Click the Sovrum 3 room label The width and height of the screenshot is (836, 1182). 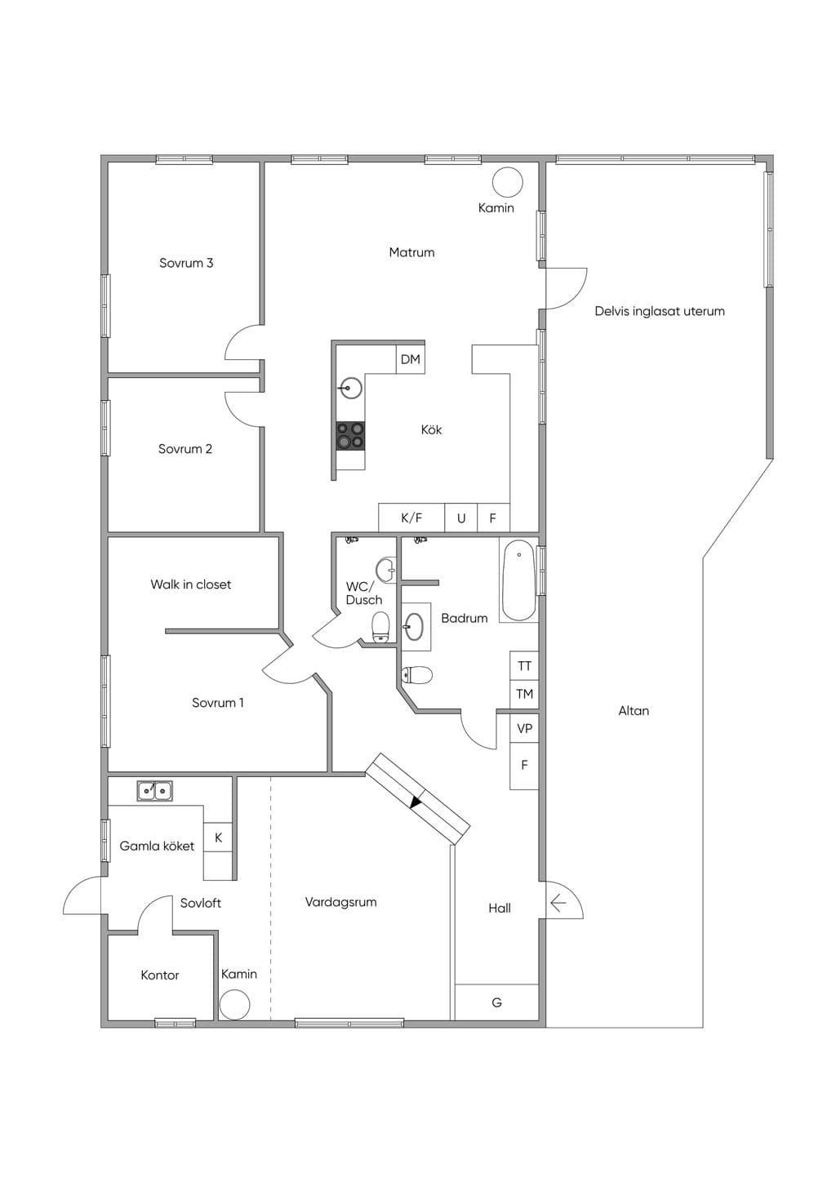pyautogui.click(x=186, y=263)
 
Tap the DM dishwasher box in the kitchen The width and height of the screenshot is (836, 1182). pyautogui.click(x=411, y=359)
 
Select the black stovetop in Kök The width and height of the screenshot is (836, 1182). pyautogui.click(x=350, y=436)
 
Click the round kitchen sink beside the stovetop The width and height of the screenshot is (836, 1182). pyautogui.click(x=350, y=389)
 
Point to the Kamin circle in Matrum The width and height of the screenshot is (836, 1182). pyautogui.click(x=508, y=182)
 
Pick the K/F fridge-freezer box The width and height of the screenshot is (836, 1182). pyautogui.click(x=411, y=518)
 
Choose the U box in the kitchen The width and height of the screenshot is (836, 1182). pyautogui.click(x=461, y=518)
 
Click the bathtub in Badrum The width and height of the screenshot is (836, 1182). pyautogui.click(x=518, y=580)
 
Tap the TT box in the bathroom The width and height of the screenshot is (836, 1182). pyautogui.click(x=524, y=666)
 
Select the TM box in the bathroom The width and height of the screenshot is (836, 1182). pyautogui.click(x=524, y=694)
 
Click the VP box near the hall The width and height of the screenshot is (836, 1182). pyautogui.click(x=524, y=728)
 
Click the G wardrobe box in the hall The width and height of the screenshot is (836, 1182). pyautogui.click(x=496, y=1002)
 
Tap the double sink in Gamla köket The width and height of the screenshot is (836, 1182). pyautogui.click(x=154, y=791)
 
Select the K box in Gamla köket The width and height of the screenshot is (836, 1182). pyautogui.click(x=218, y=838)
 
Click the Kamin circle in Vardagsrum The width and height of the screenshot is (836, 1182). pyautogui.click(x=234, y=1005)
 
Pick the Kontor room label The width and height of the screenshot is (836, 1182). pyautogui.click(x=160, y=975)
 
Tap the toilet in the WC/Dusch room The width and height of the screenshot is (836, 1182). pyautogui.click(x=380, y=628)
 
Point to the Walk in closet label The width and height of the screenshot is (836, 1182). pyautogui.click(x=190, y=584)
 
